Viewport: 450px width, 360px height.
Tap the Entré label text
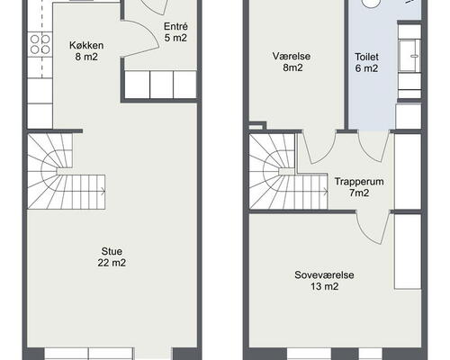tap(175, 26)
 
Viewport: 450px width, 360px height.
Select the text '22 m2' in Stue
tap(112, 263)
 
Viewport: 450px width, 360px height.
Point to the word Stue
tap(112, 251)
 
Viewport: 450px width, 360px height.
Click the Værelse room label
tap(292, 55)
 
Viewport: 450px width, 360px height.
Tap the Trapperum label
tap(359, 181)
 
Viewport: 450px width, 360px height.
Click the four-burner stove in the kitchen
tap(38, 41)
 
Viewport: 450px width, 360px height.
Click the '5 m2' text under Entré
tap(175, 38)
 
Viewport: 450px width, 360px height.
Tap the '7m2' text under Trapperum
tap(359, 193)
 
